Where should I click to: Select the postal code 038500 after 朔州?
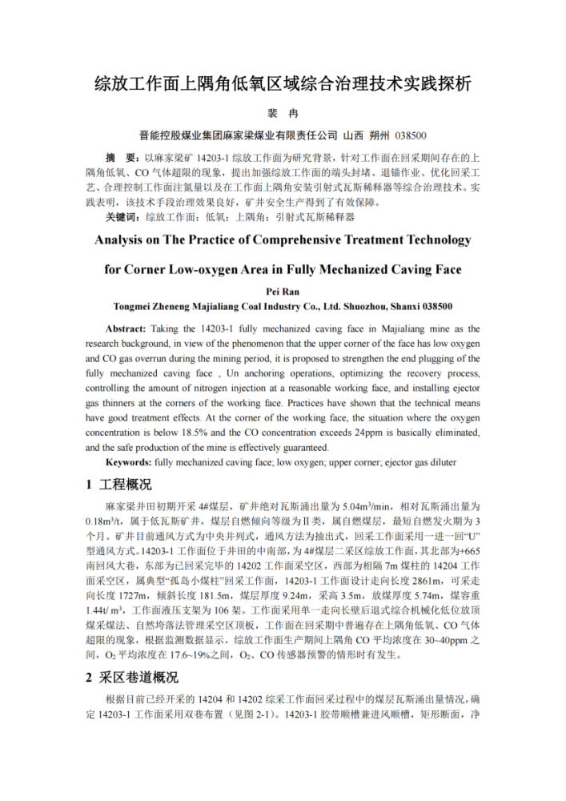coord(411,135)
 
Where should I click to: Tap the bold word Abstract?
coord(126,328)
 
